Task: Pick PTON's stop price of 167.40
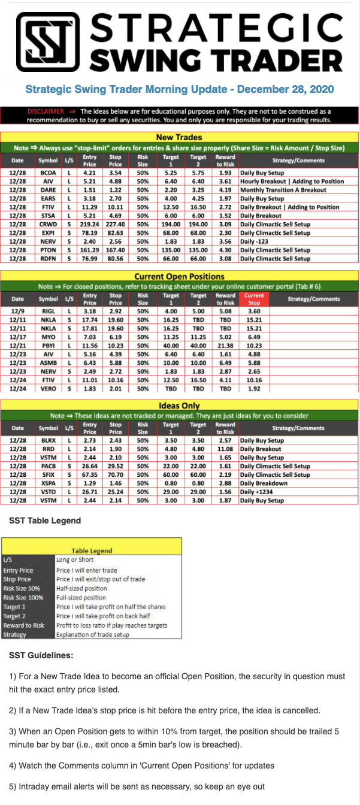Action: coord(116,250)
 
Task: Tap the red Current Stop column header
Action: coord(254,298)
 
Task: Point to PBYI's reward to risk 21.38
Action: coord(225,346)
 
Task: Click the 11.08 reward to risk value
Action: coord(225,449)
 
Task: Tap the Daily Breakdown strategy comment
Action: coord(264,483)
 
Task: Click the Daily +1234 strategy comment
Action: coord(258,491)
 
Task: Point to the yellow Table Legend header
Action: coord(92,550)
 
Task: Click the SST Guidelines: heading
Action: coord(41,655)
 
